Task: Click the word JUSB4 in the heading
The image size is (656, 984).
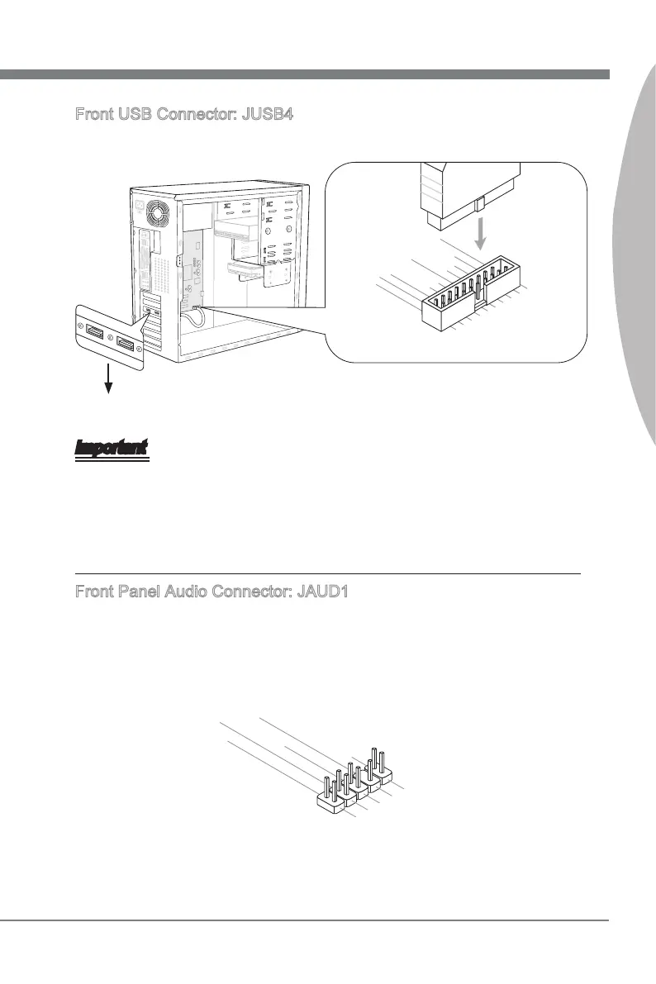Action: [x=265, y=113]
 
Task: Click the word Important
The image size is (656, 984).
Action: [x=112, y=448]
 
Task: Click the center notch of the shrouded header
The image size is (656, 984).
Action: [x=477, y=306]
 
